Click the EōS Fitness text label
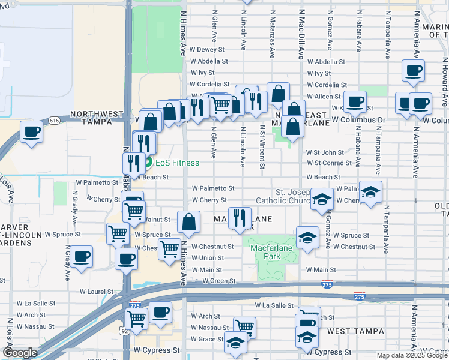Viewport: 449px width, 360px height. tap(177, 163)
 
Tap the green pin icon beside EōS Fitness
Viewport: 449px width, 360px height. tap(148, 163)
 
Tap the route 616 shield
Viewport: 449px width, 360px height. tap(55, 121)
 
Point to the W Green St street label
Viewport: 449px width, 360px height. tap(218, 281)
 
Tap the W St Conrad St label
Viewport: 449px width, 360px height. tap(328, 163)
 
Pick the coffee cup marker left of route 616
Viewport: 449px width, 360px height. tap(32, 131)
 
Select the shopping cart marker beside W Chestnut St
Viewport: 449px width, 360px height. tap(170, 247)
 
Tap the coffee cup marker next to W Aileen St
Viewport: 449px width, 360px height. tap(355, 101)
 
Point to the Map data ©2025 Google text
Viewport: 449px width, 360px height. tap(411, 355)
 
